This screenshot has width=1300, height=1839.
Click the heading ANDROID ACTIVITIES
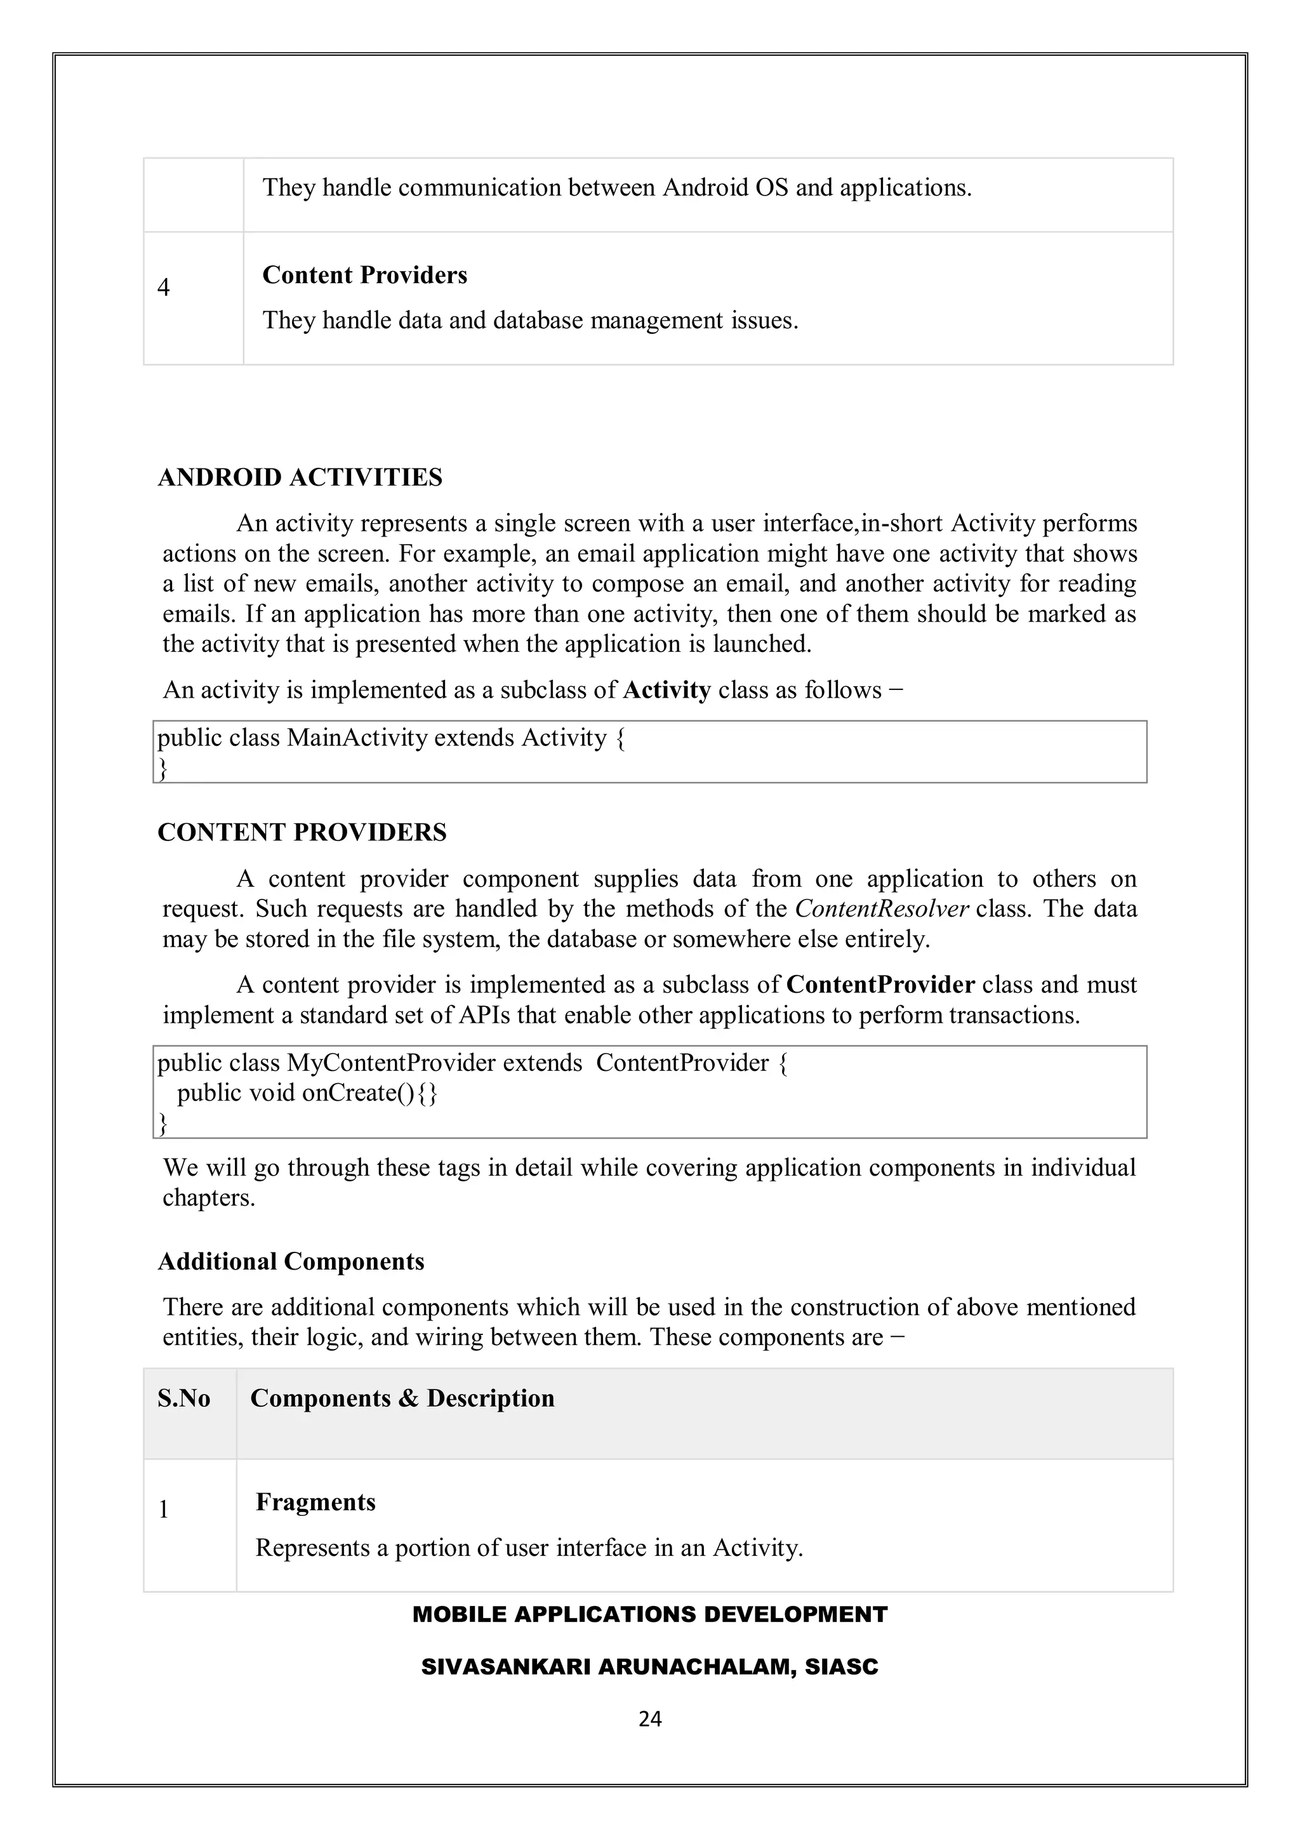[300, 477]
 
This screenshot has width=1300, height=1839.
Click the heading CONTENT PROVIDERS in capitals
[302, 832]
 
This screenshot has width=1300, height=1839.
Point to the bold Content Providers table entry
[364, 275]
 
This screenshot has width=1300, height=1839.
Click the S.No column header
[183, 1398]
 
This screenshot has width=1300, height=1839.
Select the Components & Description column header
[402, 1398]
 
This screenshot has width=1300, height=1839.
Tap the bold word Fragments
[315, 1502]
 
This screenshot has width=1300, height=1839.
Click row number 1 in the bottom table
[163, 1510]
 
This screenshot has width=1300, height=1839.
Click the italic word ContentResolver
[882, 909]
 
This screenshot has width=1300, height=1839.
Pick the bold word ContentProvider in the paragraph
[880, 985]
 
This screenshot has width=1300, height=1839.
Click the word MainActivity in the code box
[357, 738]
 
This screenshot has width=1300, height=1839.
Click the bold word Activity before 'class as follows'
[667, 691]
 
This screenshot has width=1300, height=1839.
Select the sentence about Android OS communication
[617, 187]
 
